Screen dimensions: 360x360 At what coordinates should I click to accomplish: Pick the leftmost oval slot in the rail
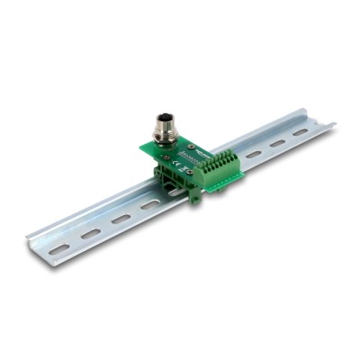click(x=58, y=248)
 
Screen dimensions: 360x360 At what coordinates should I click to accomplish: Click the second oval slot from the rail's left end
click(x=90, y=233)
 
